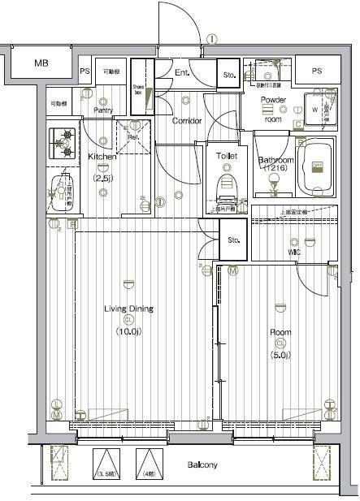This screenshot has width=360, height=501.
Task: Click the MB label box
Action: (x=41, y=63)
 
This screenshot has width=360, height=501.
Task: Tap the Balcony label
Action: (x=203, y=465)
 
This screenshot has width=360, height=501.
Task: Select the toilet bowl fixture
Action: (x=226, y=184)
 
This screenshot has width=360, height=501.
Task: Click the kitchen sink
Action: (x=59, y=192)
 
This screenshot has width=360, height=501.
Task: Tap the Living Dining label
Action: (x=128, y=309)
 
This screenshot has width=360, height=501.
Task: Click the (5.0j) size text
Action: (x=280, y=352)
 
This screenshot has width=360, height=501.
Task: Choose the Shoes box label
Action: (x=137, y=91)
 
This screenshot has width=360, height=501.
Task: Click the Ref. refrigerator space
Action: (x=131, y=137)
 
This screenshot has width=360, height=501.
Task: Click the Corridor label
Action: (x=186, y=121)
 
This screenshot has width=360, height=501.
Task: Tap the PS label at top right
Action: (x=316, y=71)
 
